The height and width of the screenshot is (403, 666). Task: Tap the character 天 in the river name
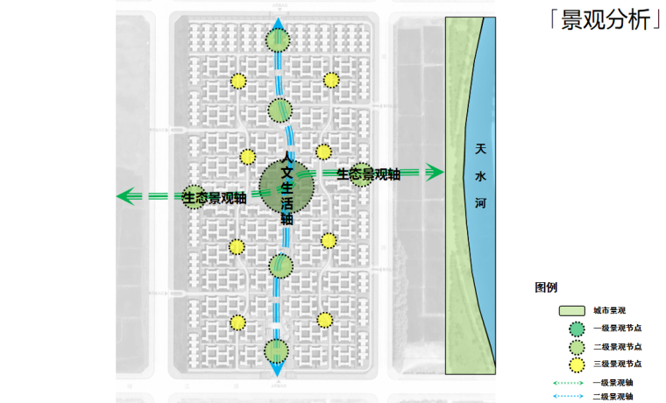pos(480,151)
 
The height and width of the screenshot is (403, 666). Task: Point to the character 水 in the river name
pos(480,175)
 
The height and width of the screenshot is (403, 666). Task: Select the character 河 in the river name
pos(480,202)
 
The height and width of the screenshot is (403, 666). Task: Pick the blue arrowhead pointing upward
pos(279,24)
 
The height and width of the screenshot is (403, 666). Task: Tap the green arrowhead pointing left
pos(125,196)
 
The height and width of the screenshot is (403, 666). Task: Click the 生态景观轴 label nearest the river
pos(368,174)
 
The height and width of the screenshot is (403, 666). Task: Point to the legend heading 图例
pos(547,286)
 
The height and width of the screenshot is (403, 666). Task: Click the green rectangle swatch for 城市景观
pos(572,311)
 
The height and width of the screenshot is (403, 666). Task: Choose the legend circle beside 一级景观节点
pos(575,329)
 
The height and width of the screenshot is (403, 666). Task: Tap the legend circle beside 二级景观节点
pos(575,347)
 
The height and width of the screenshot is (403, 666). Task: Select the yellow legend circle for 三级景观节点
pos(575,364)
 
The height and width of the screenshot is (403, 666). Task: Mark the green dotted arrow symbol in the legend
pos(568,383)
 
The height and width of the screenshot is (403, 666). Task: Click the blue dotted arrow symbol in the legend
pos(568,397)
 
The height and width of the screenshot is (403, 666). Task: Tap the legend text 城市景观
pos(609,311)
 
